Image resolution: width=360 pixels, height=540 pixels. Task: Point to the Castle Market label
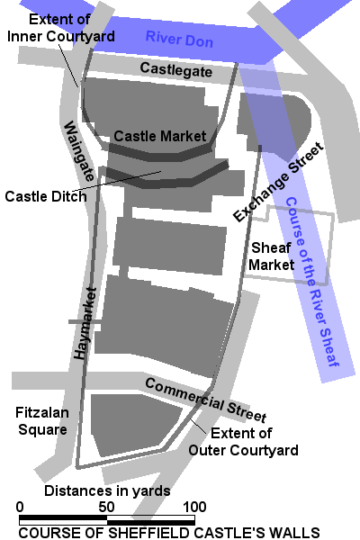[159, 136]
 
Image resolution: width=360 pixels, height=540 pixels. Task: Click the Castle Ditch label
[45, 195]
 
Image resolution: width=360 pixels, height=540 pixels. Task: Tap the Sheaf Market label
[272, 256]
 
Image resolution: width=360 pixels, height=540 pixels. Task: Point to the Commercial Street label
[205, 400]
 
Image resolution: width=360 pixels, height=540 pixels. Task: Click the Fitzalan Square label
[41, 421]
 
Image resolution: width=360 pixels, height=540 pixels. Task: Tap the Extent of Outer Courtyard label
[243, 442]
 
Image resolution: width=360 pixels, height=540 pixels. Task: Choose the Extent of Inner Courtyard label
[59, 27]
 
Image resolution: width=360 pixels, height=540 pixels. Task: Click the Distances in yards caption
[107, 491]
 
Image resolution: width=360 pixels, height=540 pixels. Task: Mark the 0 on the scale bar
[20, 507]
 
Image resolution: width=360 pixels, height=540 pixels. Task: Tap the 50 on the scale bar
[106, 507]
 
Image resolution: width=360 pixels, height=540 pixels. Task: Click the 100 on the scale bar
[194, 507]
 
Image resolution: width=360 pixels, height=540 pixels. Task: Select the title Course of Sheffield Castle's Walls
[168, 533]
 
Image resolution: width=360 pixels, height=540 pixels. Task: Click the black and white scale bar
[107, 519]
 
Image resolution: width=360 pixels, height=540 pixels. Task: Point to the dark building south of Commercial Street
[135, 427]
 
